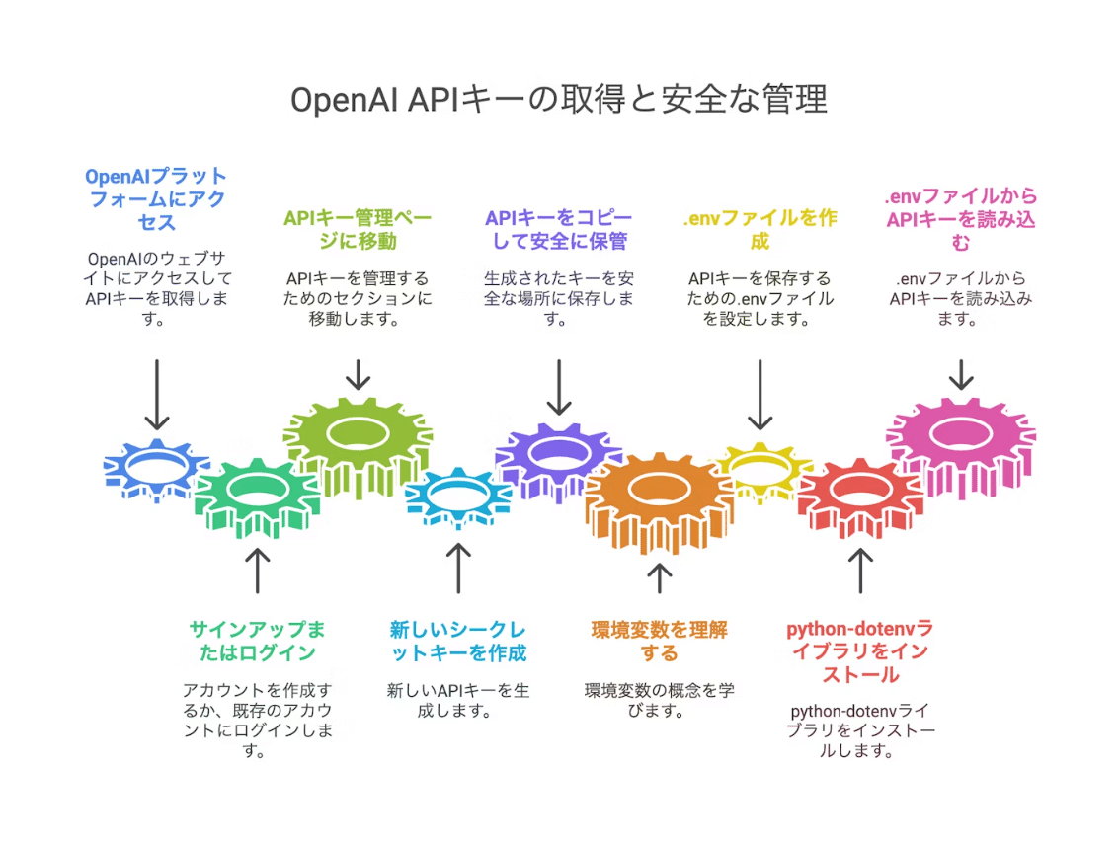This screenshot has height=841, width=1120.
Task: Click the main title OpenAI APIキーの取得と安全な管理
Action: (x=559, y=100)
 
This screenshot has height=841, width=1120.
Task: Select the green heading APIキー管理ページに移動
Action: (x=358, y=229)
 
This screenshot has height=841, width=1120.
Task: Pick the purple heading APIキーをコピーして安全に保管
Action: (x=558, y=229)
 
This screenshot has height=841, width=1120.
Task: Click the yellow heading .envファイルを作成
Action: (x=760, y=229)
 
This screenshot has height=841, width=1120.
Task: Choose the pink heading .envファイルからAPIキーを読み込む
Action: (x=961, y=218)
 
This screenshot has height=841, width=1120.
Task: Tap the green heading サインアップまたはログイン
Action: (x=257, y=641)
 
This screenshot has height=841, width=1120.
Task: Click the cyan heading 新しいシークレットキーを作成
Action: (x=458, y=641)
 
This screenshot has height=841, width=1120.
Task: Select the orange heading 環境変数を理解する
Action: (x=659, y=641)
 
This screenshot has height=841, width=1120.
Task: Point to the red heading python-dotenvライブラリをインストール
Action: (x=859, y=651)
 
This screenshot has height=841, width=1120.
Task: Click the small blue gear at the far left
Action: (x=155, y=466)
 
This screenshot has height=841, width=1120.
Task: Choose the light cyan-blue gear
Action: (x=456, y=495)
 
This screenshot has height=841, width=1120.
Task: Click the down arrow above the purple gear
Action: (x=559, y=387)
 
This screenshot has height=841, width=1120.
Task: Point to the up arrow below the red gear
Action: (x=860, y=571)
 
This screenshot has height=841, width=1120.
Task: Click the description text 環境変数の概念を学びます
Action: (x=659, y=699)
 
